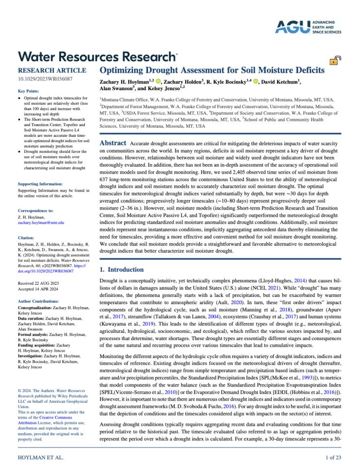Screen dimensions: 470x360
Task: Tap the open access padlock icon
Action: coord(335,61)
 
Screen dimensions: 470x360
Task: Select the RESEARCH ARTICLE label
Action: coord(52,71)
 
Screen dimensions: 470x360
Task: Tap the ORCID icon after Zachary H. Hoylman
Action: coord(159,81)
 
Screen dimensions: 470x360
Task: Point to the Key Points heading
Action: coord(29,91)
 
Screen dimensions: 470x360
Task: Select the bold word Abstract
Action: coord(113,143)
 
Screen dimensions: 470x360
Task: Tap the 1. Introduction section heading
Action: coord(121,269)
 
